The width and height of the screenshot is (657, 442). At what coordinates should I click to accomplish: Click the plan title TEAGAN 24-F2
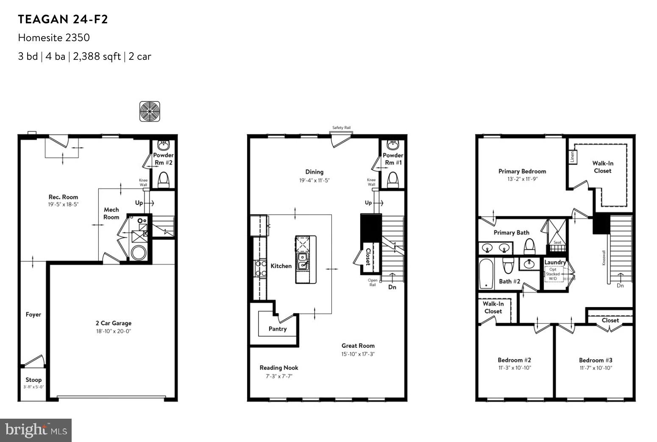[x=63, y=20]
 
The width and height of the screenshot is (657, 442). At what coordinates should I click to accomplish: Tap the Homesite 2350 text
[x=54, y=38]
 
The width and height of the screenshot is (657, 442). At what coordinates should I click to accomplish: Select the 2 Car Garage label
[x=113, y=323]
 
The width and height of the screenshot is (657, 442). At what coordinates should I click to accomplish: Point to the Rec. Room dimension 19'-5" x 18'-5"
[x=63, y=204]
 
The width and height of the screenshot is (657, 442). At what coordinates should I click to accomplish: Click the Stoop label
[x=33, y=380]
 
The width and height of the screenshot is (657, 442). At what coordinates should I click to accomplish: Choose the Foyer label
[x=33, y=314]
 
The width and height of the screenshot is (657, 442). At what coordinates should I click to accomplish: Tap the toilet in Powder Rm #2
[x=163, y=180]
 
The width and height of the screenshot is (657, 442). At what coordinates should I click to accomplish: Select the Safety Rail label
[x=341, y=128]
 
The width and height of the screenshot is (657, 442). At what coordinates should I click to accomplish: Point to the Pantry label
[x=278, y=329]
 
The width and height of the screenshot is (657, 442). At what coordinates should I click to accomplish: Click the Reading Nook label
[x=279, y=368]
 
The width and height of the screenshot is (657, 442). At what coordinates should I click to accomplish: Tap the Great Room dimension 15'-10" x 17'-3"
[x=358, y=354]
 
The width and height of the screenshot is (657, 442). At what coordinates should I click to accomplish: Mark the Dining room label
[x=315, y=172]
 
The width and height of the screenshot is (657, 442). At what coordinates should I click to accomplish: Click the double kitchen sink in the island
[x=303, y=261]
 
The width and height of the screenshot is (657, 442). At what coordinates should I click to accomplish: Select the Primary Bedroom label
[x=522, y=171]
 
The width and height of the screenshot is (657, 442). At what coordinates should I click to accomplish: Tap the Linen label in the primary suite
[x=572, y=157]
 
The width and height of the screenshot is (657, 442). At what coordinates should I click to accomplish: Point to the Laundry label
[x=555, y=262]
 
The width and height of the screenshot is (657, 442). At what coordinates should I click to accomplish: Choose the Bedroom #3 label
[x=596, y=360]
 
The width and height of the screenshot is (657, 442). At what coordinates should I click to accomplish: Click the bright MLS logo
[x=36, y=430]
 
